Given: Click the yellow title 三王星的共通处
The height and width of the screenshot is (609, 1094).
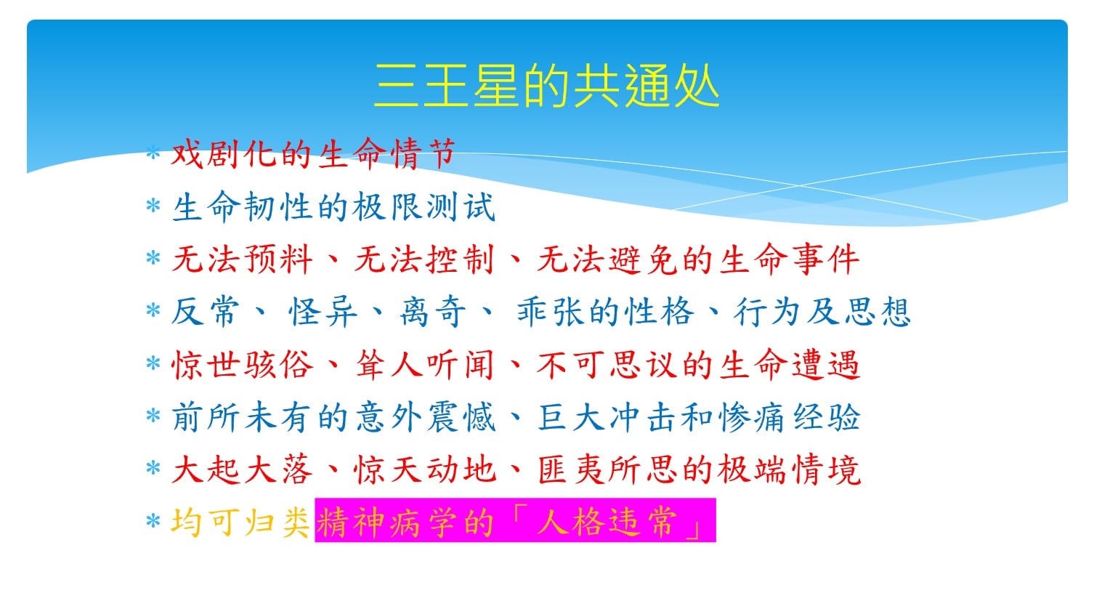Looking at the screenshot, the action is [546, 86].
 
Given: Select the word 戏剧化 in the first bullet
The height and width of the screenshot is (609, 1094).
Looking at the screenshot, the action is [224, 153].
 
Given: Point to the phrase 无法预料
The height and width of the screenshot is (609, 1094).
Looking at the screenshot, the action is [242, 259].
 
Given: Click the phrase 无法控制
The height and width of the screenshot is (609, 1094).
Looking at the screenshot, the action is [424, 259].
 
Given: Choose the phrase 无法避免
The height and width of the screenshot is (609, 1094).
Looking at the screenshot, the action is [607, 259].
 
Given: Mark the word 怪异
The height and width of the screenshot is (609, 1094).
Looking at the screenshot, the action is [323, 312].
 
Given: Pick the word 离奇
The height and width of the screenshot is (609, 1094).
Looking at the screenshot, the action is [433, 312].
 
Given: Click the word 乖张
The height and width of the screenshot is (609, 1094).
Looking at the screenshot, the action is [551, 312].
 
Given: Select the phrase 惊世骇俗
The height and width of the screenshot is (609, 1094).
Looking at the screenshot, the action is [242, 365].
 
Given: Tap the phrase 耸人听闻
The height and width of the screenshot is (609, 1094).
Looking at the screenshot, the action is [424, 365].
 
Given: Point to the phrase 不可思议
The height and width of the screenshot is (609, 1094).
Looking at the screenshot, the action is [607, 365].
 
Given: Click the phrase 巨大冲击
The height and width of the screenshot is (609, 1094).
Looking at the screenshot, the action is [607, 417].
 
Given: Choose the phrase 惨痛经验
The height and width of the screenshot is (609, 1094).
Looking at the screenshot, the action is [790, 417].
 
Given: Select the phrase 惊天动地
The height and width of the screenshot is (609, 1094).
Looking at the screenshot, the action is [424, 470].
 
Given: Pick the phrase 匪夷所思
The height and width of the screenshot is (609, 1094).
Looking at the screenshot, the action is [607, 470].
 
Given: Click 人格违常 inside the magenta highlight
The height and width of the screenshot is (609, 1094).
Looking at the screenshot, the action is [607, 522].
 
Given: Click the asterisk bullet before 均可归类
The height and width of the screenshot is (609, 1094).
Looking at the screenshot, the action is [153, 521].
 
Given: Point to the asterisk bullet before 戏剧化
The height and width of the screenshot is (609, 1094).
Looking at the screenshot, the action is [153, 152].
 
